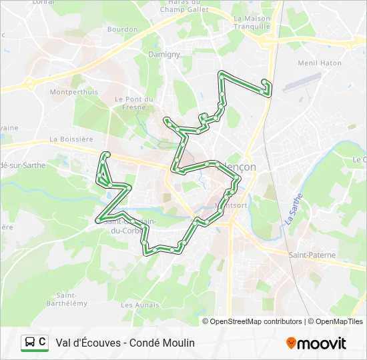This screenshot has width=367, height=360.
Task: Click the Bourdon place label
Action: click(x=122, y=29)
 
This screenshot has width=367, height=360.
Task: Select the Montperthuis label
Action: click(x=73, y=92)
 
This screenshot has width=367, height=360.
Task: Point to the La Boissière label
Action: click(x=71, y=139)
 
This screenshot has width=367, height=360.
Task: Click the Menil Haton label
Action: click(x=319, y=63)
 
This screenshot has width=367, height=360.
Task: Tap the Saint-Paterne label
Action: click(x=312, y=255)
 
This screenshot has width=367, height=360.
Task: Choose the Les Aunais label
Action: click(x=140, y=305)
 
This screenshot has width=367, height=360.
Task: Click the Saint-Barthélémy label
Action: click(x=71, y=299)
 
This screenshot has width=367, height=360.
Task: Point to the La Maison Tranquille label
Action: click(x=252, y=23)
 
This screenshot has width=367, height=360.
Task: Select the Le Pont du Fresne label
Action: click(x=134, y=103)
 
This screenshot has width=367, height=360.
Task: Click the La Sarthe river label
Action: click(x=292, y=209)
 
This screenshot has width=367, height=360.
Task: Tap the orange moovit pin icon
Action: click(x=291, y=343)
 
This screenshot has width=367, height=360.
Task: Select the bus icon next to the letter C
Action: click(x=30, y=343)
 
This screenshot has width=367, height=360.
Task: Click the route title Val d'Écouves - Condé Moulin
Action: click(x=125, y=343)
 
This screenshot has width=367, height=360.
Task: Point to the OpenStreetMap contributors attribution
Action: click(x=256, y=321)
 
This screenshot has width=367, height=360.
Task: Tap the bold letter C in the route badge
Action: click(x=42, y=342)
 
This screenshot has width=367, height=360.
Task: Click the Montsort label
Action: click(x=235, y=205)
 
